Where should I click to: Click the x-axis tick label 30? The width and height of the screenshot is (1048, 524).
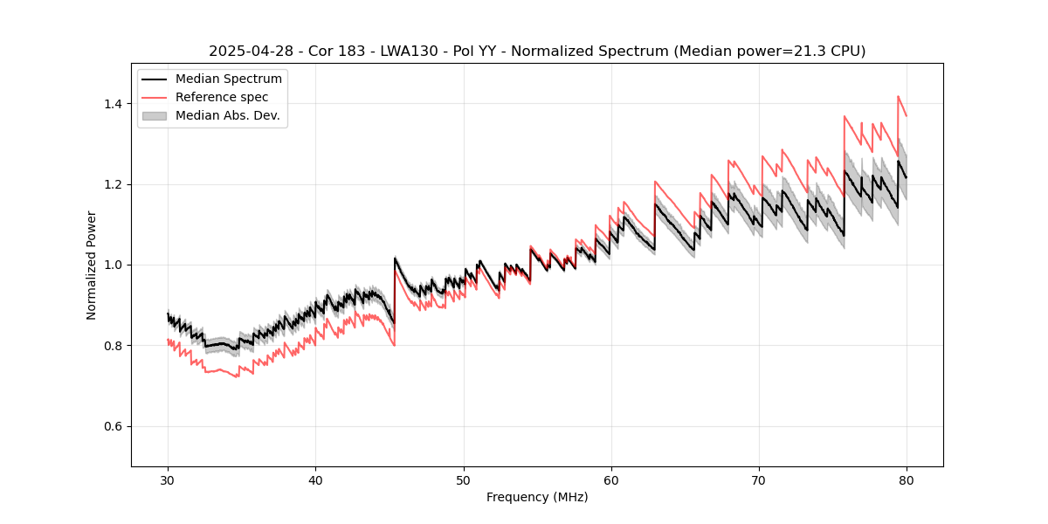click(x=168, y=479)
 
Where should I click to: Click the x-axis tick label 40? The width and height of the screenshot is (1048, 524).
click(x=315, y=479)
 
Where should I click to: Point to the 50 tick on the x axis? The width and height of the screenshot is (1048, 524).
click(x=463, y=479)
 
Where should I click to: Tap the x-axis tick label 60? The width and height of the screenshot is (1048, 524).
click(x=610, y=479)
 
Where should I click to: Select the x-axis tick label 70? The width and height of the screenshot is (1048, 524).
click(x=758, y=479)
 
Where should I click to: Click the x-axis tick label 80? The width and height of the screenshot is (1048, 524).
click(x=906, y=479)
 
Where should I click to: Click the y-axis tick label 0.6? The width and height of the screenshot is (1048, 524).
click(x=113, y=426)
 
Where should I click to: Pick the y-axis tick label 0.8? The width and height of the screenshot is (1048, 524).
click(x=113, y=346)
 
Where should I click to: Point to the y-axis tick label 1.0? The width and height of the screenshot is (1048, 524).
click(x=113, y=265)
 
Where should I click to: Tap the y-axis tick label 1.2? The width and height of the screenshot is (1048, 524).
click(x=113, y=184)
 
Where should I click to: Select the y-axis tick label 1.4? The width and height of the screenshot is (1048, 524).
click(x=113, y=104)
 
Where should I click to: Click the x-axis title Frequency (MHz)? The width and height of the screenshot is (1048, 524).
click(x=537, y=497)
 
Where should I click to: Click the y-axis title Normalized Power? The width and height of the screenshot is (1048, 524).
click(x=91, y=265)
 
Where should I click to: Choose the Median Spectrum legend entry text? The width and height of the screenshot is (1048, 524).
click(x=229, y=79)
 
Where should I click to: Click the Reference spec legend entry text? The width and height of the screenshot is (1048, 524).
click(x=222, y=97)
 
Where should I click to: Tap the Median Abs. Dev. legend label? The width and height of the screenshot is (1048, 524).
click(x=228, y=115)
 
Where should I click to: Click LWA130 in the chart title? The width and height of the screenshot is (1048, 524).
click(x=411, y=52)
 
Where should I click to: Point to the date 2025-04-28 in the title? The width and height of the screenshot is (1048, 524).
click(x=247, y=52)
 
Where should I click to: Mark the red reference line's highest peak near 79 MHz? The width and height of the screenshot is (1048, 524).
click(x=898, y=97)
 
